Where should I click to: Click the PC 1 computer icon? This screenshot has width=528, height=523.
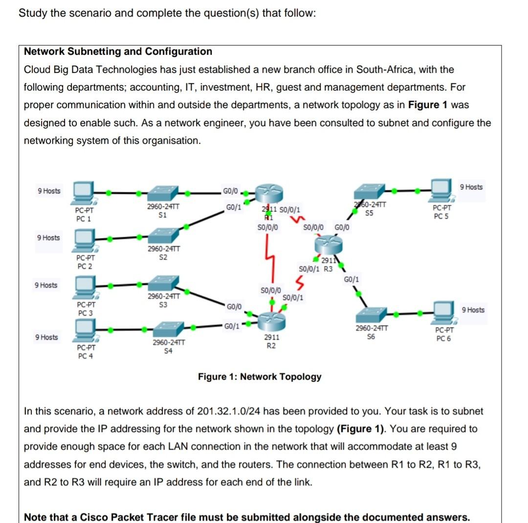[84, 192]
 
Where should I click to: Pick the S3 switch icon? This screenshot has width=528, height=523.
[163, 284]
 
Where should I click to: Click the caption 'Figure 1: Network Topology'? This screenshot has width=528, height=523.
[260, 377]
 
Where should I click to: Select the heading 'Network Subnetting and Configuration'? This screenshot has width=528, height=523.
[118, 52]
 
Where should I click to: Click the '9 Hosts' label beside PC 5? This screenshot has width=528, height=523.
[472, 187]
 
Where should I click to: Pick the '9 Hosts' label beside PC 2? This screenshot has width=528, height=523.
[48, 238]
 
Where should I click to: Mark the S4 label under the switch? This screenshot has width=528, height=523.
[168, 351]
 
